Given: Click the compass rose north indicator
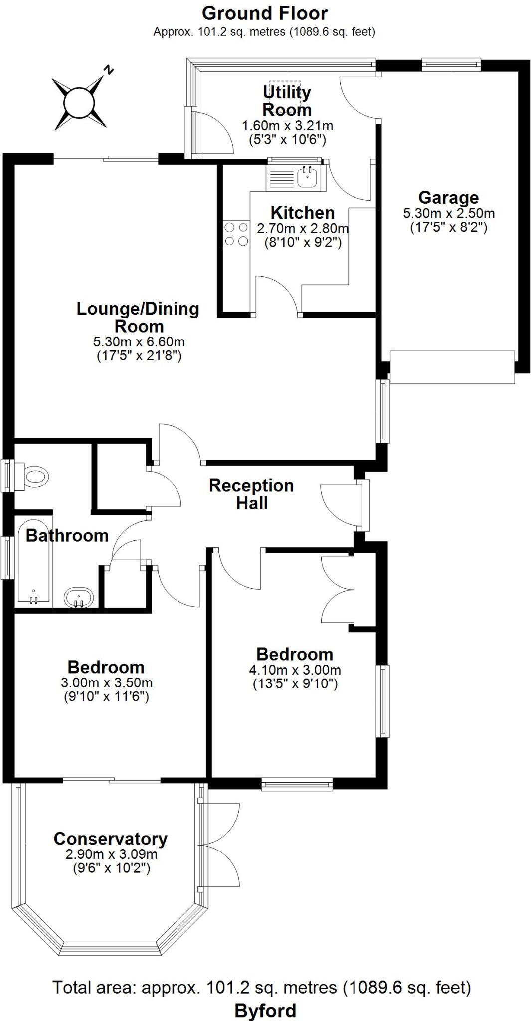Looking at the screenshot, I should [80, 102].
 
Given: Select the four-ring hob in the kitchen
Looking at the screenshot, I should [236, 234].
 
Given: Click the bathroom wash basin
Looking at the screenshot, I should [78, 597].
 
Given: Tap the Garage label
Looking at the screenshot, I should [448, 198].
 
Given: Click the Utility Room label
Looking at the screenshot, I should [287, 101].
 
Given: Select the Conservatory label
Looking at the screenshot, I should [111, 839].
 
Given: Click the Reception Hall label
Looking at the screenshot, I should [251, 494].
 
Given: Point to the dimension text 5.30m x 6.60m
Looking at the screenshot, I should [139, 342].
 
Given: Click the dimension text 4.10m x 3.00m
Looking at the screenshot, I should [295, 670].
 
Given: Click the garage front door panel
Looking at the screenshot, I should [452, 367].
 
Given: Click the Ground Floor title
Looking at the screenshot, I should [265, 13].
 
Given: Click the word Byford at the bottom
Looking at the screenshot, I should [265, 1011].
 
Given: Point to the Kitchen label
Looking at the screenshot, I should [302, 213].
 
